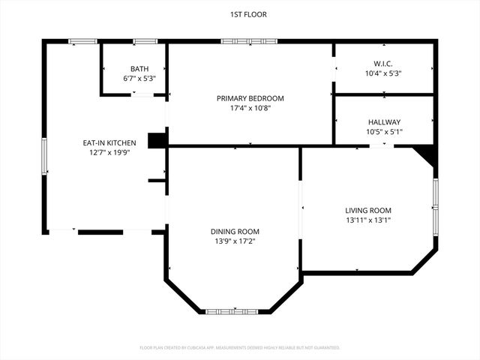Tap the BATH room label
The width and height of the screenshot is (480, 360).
tap(139, 68)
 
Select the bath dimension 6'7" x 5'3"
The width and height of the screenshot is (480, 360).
tap(139, 78)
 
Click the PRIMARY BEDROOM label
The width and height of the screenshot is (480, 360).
tap(250, 98)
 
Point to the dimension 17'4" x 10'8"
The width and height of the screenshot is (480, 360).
tap(250, 108)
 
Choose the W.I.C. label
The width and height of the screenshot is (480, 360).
tap(384, 64)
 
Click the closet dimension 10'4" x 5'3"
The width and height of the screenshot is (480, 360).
tap(384, 73)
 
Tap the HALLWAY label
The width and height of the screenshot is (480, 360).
tap(384, 122)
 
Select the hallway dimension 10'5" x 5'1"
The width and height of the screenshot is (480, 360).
tap(384, 132)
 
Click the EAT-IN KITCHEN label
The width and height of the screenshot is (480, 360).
tap(109, 142)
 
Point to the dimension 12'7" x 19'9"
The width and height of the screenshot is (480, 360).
tap(109, 152)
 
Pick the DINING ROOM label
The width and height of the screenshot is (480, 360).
tap(235, 231)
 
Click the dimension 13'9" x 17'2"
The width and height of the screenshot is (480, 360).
tap(235, 241)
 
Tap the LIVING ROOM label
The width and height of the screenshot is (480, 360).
tap(368, 210)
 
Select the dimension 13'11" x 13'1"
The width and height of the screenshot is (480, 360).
tap(368, 220)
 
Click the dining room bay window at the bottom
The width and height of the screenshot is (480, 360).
tap(233, 310)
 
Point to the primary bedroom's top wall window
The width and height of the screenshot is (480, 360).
tap(249, 41)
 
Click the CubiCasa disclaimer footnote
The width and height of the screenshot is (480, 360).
tap(240, 348)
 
